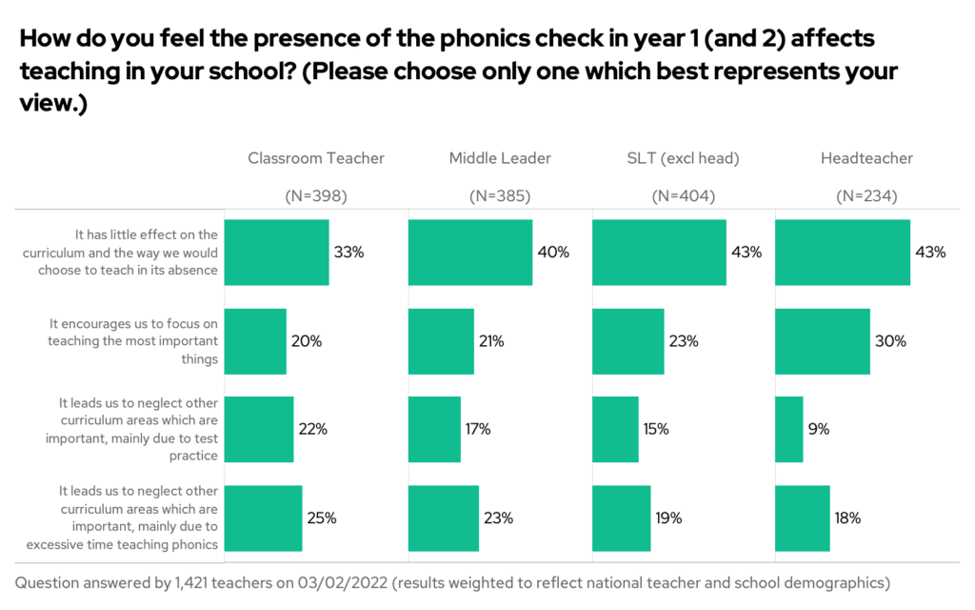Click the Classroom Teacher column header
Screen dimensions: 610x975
(316, 158)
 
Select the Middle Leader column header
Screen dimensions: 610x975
(500, 158)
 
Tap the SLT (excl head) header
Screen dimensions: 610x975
(683, 158)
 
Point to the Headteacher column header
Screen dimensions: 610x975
(866, 158)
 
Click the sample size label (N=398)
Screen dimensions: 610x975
(316, 196)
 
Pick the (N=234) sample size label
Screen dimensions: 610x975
(866, 196)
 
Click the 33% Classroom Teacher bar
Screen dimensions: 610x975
(276, 253)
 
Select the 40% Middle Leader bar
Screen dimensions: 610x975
(470, 253)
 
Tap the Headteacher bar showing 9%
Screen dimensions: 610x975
(789, 429)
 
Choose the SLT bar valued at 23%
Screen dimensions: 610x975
(628, 341)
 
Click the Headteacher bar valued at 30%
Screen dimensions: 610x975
(823, 341)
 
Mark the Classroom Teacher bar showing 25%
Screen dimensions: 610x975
(263, 518)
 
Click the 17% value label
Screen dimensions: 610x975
(478, 429)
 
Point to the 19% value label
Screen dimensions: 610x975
(668, 518)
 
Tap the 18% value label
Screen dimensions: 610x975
(847, 518)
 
